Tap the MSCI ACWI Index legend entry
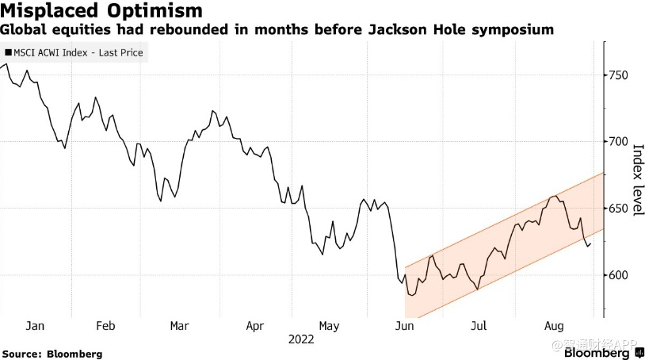click(x=75, y=53)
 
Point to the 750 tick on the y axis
click(x=618, y=75)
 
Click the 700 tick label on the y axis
click(x=618, y=142)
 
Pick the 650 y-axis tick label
click(x=618, y=209)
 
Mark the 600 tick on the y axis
click(x=618, y=275)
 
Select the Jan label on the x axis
click(x=34, y=326)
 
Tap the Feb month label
click(x=105, y=326)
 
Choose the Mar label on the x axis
click(x=179, y=326)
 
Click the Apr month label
click(x=254, y=326)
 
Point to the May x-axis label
click(x=328, y=326)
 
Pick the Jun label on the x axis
click(x=404, y=326)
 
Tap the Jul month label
click(x=478, y=326)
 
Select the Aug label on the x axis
click(x=554, y=326)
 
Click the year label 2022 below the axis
click(x=301, y=339)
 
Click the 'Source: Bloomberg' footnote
click(x=52, y=354)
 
